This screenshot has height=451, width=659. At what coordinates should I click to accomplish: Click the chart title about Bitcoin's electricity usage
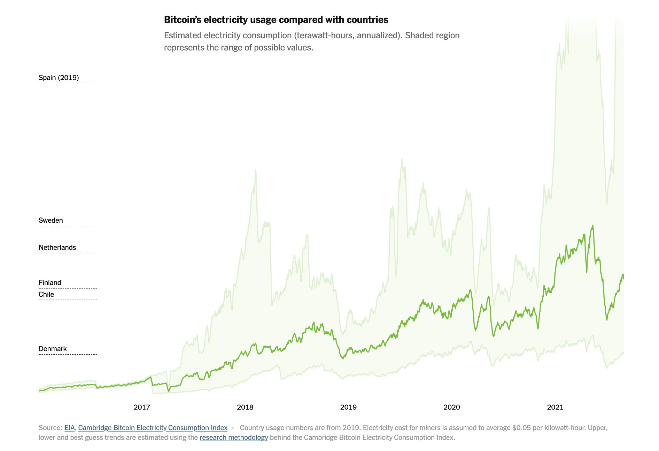coord(276,20)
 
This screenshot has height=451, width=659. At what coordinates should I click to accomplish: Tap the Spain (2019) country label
coord(59,78)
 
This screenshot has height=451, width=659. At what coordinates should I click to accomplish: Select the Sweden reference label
coord(51,220)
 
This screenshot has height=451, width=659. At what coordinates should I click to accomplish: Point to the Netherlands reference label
coord(57,247)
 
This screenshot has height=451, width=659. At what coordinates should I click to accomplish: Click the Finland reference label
coord(50,283)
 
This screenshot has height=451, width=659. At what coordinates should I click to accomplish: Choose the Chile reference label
coord(46,294)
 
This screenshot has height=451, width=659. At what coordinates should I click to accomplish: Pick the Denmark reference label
coord(53,349)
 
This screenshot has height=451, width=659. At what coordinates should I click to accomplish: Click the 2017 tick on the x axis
coord(142,407)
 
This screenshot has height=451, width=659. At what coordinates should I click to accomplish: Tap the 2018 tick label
coord(245,407)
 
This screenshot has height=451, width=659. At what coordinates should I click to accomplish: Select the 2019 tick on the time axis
coord(348,407)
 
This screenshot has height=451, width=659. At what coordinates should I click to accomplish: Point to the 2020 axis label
coord(452,407)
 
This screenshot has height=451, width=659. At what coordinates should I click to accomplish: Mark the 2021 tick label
coord(555,407)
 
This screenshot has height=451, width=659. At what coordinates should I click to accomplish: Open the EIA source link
coord(70,428)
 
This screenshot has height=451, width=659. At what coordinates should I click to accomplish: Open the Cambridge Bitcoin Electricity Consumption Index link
coord(153,428)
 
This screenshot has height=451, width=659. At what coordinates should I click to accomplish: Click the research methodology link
coord(234,437)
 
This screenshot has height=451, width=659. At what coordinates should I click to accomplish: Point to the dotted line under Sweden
coord(68,226)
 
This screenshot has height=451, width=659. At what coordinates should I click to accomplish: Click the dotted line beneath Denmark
coord(68,354)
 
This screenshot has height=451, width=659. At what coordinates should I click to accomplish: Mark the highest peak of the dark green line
coord(592,226)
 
